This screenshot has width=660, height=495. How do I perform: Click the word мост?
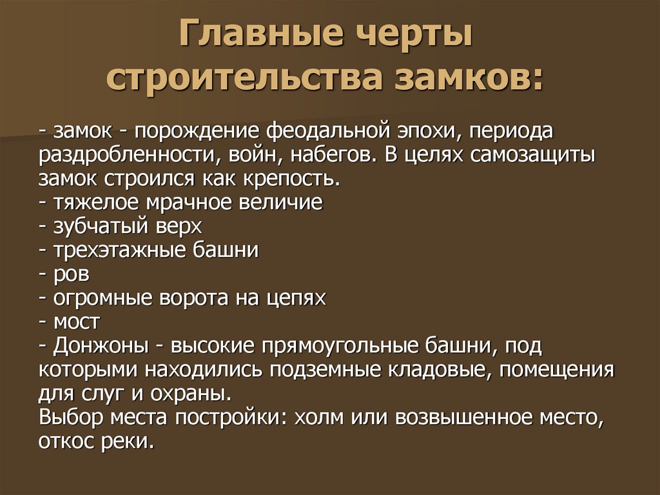pyautogui.click(x=77, y=321)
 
